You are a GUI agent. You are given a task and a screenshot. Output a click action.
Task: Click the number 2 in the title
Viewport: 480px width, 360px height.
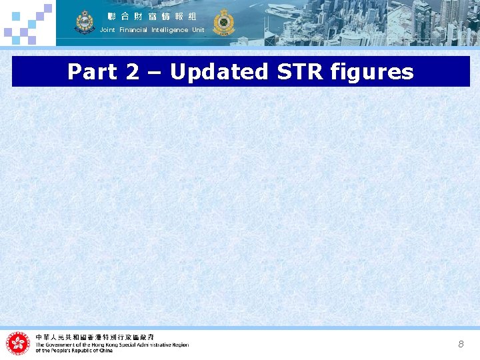(132, 72)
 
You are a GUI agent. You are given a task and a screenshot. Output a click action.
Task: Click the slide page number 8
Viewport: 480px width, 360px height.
(461, 344)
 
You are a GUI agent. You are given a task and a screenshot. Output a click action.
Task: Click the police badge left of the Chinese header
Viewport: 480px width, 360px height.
(85, 22)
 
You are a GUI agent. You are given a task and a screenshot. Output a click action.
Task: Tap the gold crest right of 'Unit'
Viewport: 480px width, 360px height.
(224, 22)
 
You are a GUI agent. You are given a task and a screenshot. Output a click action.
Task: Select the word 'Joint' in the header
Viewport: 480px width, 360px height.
(107, 30)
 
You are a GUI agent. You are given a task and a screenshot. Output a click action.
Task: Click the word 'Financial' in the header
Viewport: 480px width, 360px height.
(133, 30)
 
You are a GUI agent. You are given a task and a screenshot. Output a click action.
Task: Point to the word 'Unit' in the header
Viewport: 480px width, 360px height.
(198, 30)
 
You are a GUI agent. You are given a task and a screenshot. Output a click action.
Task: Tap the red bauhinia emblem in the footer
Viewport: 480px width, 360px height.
(18, 343)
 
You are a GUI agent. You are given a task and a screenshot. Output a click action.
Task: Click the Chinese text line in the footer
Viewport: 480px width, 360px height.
(95, 337)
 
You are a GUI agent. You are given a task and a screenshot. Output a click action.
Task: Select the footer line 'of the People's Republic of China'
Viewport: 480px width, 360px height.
(74, 351)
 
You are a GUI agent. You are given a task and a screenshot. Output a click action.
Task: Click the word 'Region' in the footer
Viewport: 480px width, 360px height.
(179, 345)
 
